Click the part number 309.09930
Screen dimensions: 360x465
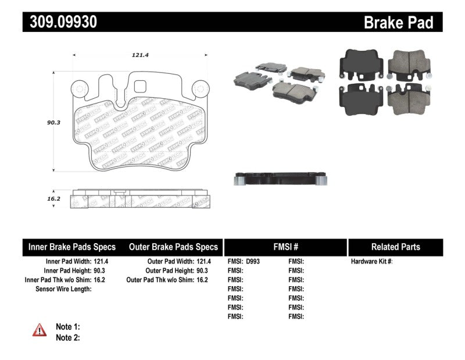coord(60,22)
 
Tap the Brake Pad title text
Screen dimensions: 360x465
coord(398,22)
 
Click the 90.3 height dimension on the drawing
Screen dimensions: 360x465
coord(54,123)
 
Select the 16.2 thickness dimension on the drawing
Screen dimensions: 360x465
coord(54,198)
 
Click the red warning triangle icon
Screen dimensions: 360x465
coord(40,330)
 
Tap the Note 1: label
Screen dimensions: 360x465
coord(67,327)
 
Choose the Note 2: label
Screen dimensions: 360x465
coord(67,337)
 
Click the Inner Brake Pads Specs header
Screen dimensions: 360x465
coord(72,247)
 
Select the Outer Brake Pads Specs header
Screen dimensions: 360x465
coord(173,247)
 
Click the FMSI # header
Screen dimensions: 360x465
coord(285,247)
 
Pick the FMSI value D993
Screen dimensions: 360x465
coord(253,262)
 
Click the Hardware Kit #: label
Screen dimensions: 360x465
coord(371,262)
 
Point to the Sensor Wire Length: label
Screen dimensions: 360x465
coord(63,289)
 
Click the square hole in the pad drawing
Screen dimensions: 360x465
coord(140,86)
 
